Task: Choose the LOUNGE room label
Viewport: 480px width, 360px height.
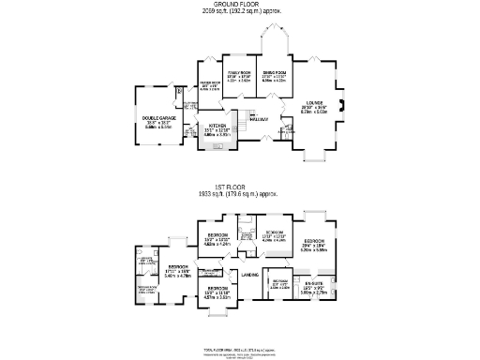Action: [x=314, y=104]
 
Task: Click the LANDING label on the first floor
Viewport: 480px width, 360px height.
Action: [x=249, y=274]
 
